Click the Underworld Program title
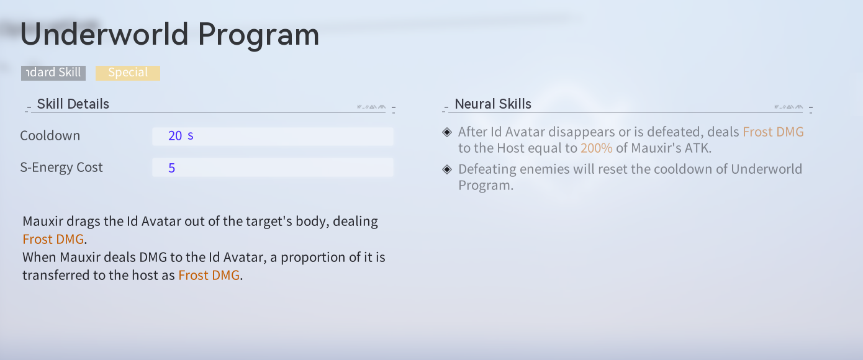[x=169, y=35]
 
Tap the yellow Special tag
[x=128, y=73]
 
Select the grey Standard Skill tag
[x=53, y=73]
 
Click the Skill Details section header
[x=73, y=104]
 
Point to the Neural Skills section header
[x=493, y=104]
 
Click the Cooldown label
[x=50, y=135]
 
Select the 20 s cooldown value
[x=181, y=135]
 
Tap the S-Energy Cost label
[x=61, y=168]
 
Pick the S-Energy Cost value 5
[x=172, y=168]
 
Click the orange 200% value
[x=597, y=148]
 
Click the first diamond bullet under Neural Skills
[x=447, y=132]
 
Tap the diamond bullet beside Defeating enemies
[x=447, y=169]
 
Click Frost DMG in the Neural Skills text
[x=773, y=132]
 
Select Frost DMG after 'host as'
[x=209, y=276]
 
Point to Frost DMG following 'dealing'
[x=53, y=240]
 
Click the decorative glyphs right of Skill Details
[x=371, y=107]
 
